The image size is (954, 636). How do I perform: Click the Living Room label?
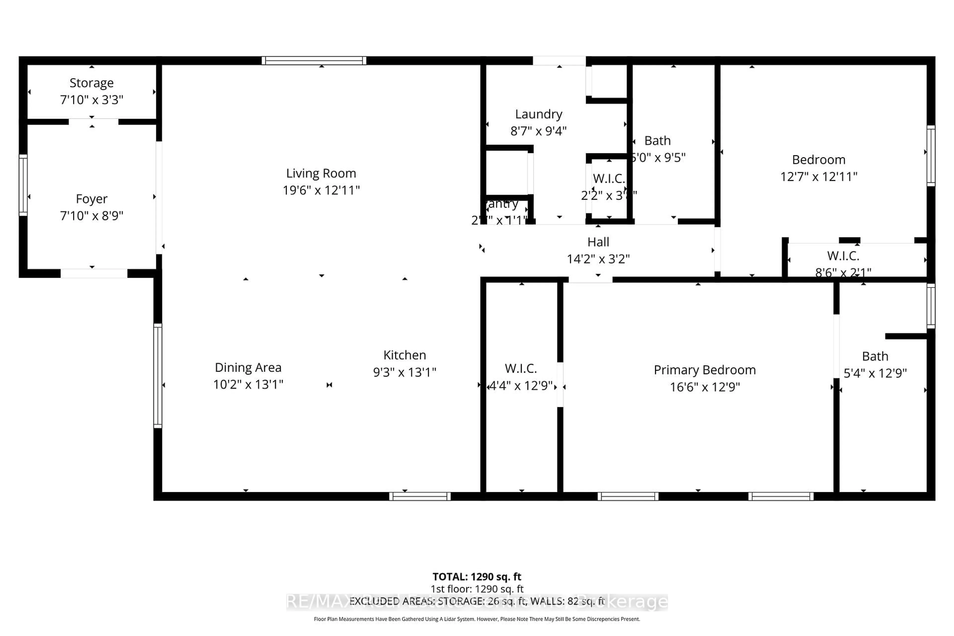(321, 173)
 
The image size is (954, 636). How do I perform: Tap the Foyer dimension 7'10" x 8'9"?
(92, 215)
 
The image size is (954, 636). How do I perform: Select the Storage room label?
(92, 83)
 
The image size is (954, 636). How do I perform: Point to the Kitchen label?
(404, 355)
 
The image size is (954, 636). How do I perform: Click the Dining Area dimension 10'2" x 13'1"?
(248, 384)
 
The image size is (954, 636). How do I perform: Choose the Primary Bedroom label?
(705, 370)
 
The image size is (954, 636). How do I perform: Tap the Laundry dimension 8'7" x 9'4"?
(538, 131)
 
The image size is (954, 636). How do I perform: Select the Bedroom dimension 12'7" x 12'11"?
(819, 176)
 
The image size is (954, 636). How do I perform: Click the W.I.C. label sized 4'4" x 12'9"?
(521, 368)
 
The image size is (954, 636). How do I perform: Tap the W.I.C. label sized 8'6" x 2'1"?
(843, 256)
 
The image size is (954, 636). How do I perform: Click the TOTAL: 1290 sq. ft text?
(477, 576)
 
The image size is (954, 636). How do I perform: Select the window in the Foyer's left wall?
(23, 185)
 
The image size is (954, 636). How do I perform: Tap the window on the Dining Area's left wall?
(157, 376)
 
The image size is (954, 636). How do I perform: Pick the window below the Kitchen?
(420, 496)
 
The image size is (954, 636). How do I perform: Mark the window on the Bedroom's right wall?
(931, 156)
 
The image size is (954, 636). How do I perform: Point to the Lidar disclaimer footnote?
(477, 619)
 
